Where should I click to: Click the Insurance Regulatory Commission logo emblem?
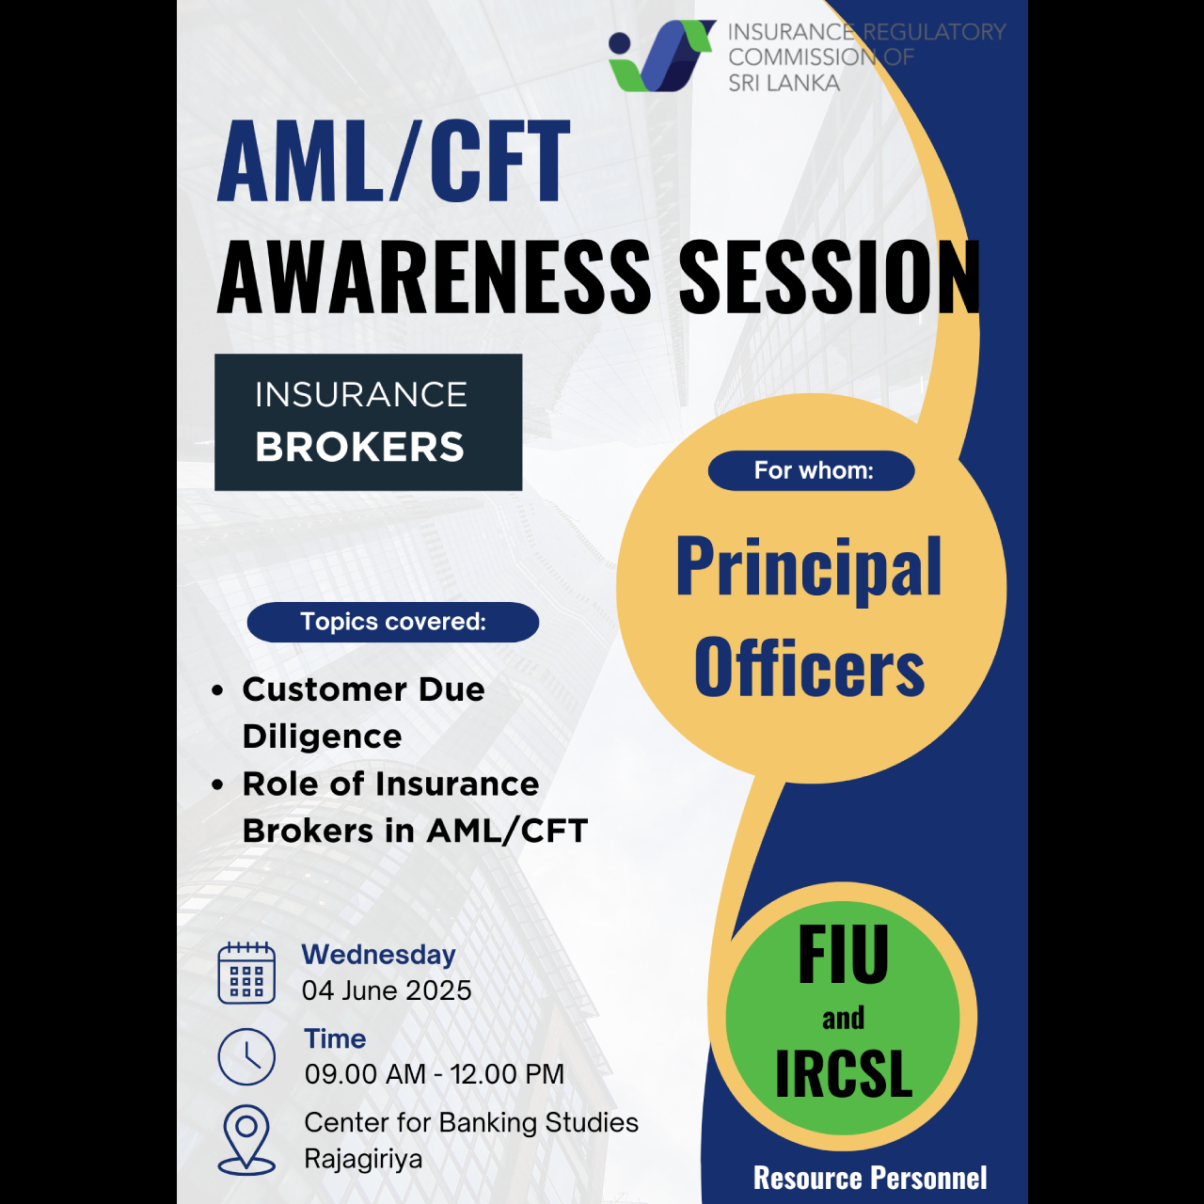tap(661, 55)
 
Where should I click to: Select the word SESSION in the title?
tap(830, 277)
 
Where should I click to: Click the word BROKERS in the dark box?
tap(360, 447)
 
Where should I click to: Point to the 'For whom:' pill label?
tap(812, 470)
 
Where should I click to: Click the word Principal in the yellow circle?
tap(809, 569)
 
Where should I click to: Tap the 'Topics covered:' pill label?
tap(393, 622)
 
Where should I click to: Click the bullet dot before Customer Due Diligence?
tap(217, 690)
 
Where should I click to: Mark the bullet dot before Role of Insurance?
tap(217, 784)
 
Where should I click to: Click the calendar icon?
tap(246, 973)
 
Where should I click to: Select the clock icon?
tap(246, 1056)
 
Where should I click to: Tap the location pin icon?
tap(246, 1140)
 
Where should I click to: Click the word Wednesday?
tap(379, 956)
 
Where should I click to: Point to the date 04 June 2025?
tap(387, 990)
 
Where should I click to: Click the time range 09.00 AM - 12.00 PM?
tap(435, 1074)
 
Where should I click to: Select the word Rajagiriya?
tap(364, 1159)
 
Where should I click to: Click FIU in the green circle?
tap(843, 954)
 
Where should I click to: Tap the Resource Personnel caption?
tap(870, 1178)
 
